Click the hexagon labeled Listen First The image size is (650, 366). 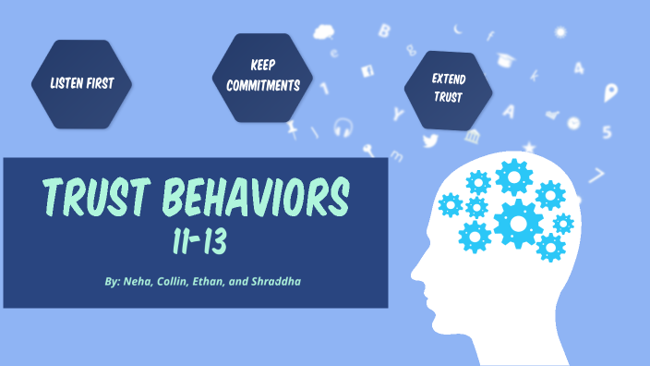coord(81,83)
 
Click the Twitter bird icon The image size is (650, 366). coord(430,141)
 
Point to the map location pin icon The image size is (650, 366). coord(610,92)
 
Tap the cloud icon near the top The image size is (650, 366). coord(323,33)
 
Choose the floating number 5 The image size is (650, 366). coord(607,131)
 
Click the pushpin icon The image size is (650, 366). coord(294,128)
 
